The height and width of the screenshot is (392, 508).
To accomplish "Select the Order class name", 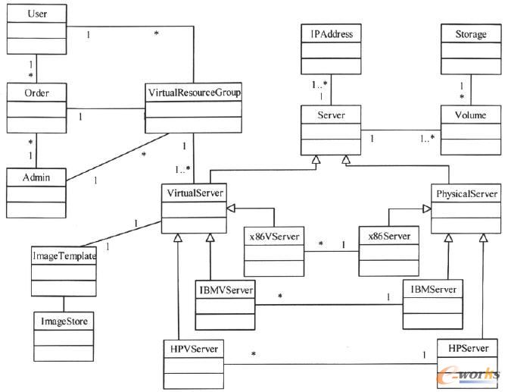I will coord(28,92).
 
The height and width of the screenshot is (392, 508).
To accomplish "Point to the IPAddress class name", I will coord(332,34).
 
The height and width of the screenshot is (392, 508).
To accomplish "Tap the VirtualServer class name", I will coord(194,193).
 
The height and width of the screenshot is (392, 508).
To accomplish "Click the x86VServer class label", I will coord(274,237).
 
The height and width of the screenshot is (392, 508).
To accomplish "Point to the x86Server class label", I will coord(388,237).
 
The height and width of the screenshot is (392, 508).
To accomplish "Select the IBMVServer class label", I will coord(226,288).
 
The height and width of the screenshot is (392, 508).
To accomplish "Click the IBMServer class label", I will coord(432,288).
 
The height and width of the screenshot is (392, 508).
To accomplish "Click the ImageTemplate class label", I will coord(64,256).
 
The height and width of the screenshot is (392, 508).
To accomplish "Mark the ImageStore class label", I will coord(64,321).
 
